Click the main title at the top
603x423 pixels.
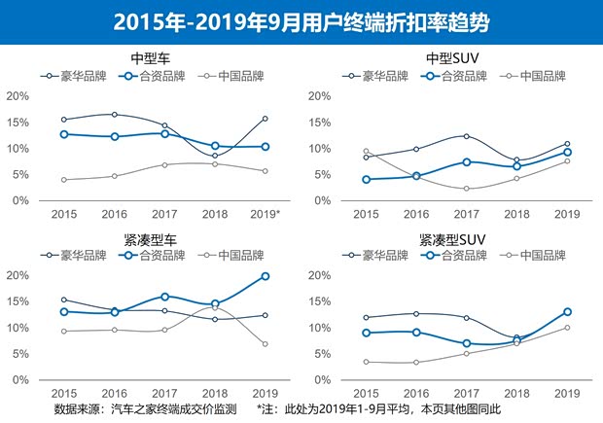click(301, 20)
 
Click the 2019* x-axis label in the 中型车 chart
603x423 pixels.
click(266, 214)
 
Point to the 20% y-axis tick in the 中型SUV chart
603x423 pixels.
click(323, 96)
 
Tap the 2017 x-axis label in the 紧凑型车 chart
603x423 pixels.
click(164, 393)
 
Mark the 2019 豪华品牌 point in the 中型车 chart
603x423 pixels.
click(265, 119)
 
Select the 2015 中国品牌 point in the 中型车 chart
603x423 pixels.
click(64, 179)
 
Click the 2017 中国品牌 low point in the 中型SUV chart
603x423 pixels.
click(466, 189)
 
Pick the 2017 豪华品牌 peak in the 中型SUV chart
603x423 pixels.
click(466, 136)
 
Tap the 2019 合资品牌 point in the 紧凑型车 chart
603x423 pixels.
click(265, 276)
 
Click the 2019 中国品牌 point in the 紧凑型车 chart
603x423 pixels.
click(265, 344)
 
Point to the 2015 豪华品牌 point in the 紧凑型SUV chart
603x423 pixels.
click(366, 317)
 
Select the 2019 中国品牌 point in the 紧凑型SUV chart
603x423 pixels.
click(566, 328)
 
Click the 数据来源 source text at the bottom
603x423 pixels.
click(145, 409)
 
